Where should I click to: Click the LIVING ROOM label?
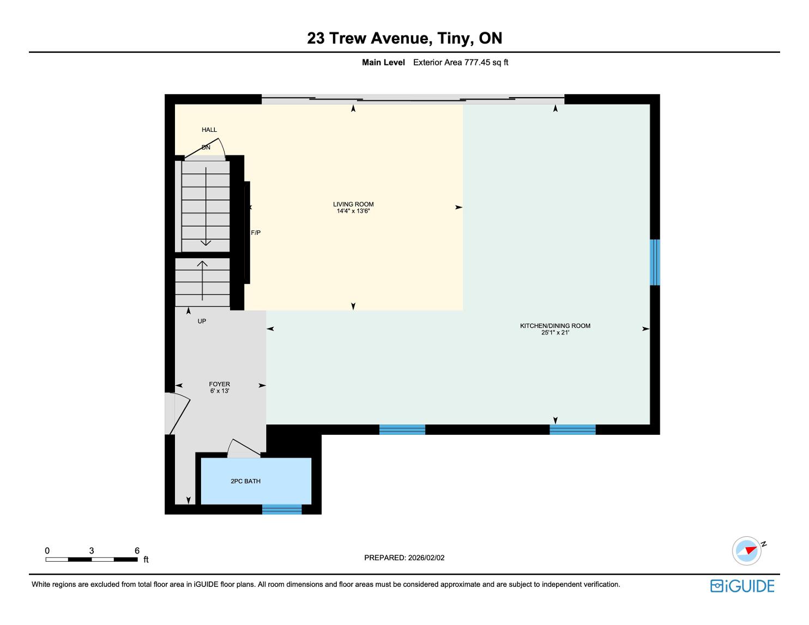pyautogui.click(x=353, y=204)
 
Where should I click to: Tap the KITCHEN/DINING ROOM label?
pyautogui.click(x=555, y=326)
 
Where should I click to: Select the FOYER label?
pyautogui.click(x=219, y=384)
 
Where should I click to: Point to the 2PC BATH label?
pyautogui.click(x=245, y=481)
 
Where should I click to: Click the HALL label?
pyautogui.click(x=209, y=130)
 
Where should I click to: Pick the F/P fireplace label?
pyautogui.click(x=256, y=233)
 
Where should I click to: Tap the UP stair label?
pyautogui.click(x=201, y=321)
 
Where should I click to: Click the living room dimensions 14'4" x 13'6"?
pyautogui.click(x=353, y=211)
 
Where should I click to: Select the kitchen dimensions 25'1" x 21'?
pyautogui.click(x=555, y=332)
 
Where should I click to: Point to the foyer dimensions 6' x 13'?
pyautogui.click(x=219, y=391)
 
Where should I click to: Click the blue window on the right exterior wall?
pyautogui.click(x=655, y=262)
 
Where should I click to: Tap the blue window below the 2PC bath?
pyautogui.click(x=281, y=509)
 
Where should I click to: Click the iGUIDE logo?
pyautogui.click(x=742, y=586)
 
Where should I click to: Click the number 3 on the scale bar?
pyautogui.click(x=91, y=550)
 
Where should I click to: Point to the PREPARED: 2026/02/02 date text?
pyautogui.click(x=404, y=557)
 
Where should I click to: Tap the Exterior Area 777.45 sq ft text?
pyautogui.click(x=461, y=63)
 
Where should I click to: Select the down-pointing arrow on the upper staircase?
pyautogui.click(x=206, y=207)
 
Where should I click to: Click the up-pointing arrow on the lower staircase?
pyautogui.click(x=202, y=281)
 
